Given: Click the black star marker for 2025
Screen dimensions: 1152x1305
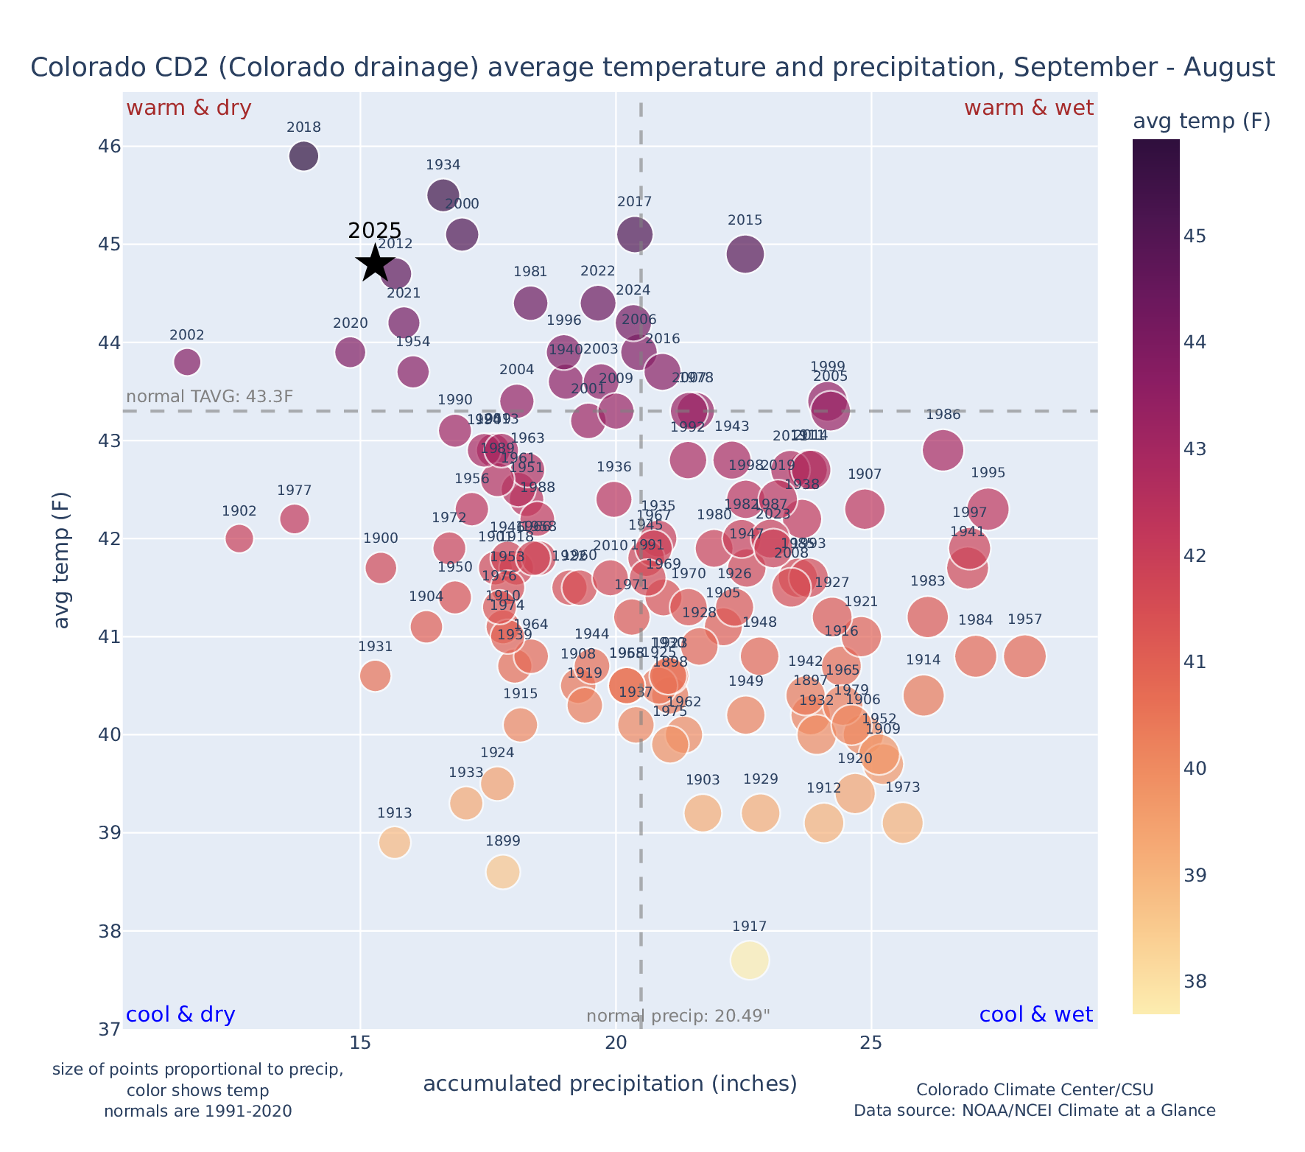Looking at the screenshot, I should pos(375,263).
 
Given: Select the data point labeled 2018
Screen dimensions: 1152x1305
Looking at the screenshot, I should pos(303,156).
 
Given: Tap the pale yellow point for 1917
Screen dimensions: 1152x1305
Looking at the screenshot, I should pos(750,960).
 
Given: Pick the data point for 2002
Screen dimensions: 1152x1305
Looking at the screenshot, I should pos(187,362).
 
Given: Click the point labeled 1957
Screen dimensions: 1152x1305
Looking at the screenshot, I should pos(1024,656).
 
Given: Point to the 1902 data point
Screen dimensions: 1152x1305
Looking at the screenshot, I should pos(239,538).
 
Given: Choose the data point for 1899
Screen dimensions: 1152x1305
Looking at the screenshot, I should pos(503,872).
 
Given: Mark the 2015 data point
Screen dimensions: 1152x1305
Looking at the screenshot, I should pos(745,254).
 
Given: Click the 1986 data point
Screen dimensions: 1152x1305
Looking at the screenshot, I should pos(943,450).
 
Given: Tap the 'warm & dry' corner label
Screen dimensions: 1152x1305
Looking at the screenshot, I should pos(189,108).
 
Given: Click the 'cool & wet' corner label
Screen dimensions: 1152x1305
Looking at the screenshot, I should pos(1036,1015).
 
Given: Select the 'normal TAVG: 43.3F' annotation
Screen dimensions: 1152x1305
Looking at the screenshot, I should pos(210,396).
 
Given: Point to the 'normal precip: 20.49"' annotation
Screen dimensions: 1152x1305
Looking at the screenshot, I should pos(678,1016).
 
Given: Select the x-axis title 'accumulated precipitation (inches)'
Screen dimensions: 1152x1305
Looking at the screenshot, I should pos(610,1083).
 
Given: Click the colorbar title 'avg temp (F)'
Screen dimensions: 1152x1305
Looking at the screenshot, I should pos(1201,122).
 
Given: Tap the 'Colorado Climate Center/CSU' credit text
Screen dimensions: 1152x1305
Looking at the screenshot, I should pos(1035,1089).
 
